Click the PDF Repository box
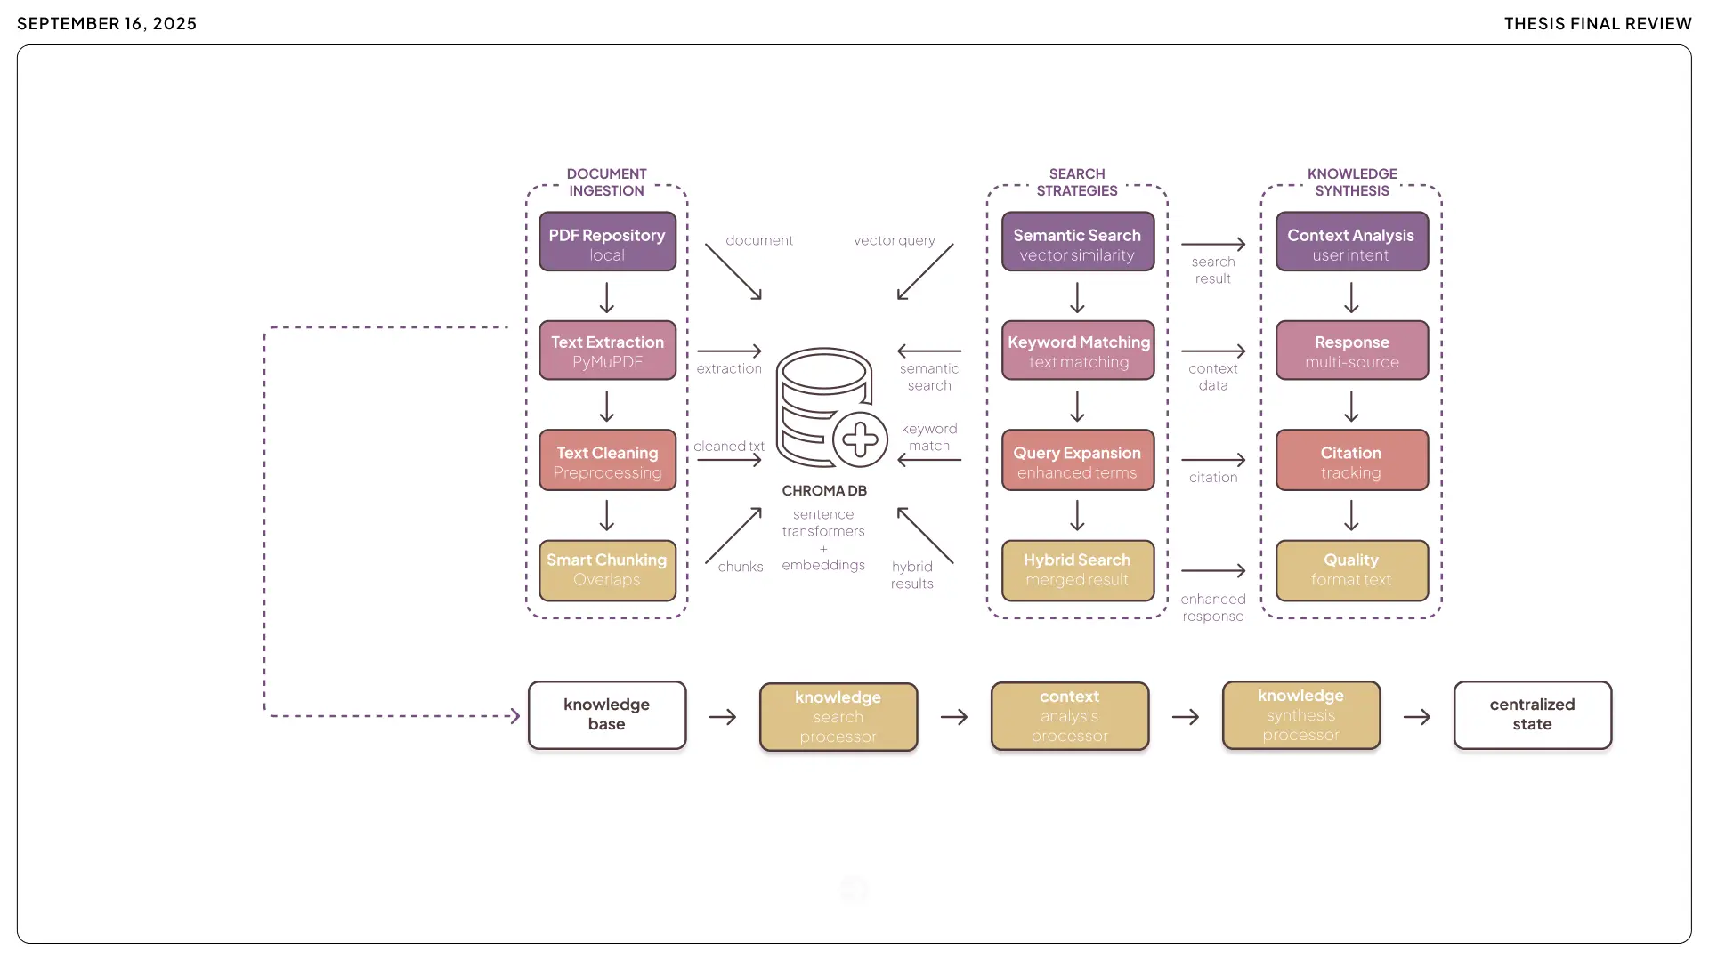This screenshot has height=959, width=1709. pyautogui.click(x=607, y=242)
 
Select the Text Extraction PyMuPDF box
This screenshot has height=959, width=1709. pyautogui.click(x=607, y=351)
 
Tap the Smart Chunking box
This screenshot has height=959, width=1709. pyautogui.click(x=607, y=569)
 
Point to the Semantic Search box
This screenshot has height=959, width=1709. pyautogui.click(x=1077, y=242)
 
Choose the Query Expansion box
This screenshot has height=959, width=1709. pyautogui.click(x=1077, y=461)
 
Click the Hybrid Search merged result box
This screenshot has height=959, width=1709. pyautogui.click(x=1077, y=569)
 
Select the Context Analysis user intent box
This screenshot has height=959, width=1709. pyautogui.click(x=1351, y=242)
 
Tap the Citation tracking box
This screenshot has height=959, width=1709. pyautogui.click(x=1351, y=461)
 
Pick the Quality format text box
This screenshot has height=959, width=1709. pyautogui.click(x=1351, y=569)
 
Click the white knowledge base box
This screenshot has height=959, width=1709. pyautogui.click(x=607, y=714)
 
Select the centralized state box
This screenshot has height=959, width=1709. pyautogui.click(x=1532, y=714)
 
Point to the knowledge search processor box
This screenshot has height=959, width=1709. pyautogui.click(x=838, y=716)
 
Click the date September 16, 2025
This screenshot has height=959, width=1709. pyautogui.click(x=107, y=24)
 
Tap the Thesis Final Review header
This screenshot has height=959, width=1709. pyautogui.click(x=1598, y=24)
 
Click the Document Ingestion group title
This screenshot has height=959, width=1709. pyautogui.click(x=607, y=182)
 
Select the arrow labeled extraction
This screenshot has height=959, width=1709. pyautogui.click(x=729, y=351)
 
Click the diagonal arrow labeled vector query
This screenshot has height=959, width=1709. pyautogui.click(x=925, y=271)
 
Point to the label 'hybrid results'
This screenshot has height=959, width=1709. pyautogui.click(x=912, y=575)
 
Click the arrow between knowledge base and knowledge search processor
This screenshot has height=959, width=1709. pyautogui.click(x=723, y=717)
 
